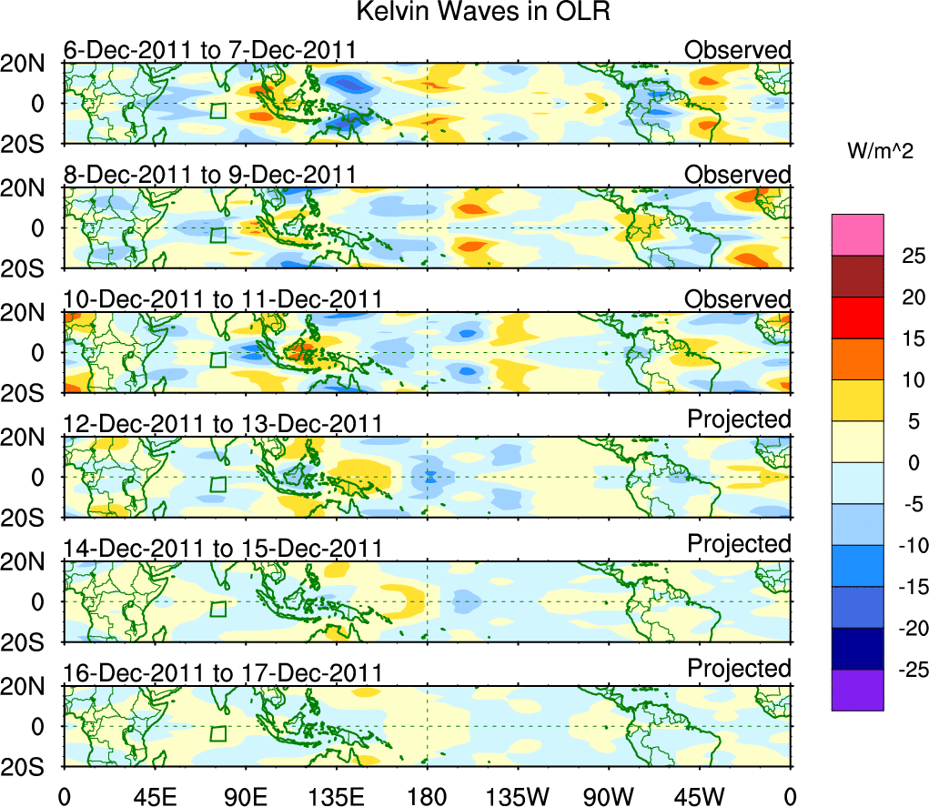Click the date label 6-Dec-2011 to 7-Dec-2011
click(x=209, y=50)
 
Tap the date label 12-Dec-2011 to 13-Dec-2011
click(x=222, y=423)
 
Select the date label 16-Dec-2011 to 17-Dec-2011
click(x=222, y=673)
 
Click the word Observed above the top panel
click(x=738, y=49)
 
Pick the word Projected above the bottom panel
click(x=739, y=669)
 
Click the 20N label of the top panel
click(x=28, y=64)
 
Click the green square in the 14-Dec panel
click(x=217, y=609)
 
